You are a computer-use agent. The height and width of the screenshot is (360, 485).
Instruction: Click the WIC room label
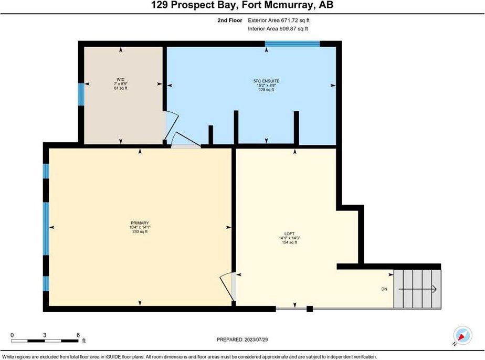click(121, 79)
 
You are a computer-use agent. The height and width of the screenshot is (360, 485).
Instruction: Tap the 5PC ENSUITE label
click(266, 81)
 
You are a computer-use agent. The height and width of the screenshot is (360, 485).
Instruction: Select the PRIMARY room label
click(140, 223)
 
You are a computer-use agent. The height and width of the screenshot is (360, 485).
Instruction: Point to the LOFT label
click(290, 234)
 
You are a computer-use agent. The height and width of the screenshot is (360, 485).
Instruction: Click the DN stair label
click(384, 289)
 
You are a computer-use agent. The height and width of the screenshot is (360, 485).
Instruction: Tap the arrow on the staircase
click(417, 289)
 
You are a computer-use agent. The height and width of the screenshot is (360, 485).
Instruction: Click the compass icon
click(462, 336)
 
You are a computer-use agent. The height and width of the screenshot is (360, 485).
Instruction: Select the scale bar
click(45, 341)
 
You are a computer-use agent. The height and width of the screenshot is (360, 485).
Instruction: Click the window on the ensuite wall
click(292, 44)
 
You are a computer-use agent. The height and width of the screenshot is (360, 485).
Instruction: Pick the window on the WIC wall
click(81, 94)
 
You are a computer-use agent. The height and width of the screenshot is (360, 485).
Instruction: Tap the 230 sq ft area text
click(140, 231)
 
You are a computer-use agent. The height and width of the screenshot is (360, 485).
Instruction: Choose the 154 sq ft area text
click(290, 242)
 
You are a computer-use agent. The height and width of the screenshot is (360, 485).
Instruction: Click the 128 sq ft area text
click(266, 90)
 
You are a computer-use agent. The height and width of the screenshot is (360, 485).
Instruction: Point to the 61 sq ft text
click(121, 88)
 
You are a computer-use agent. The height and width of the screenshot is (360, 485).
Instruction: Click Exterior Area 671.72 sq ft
click(279, 20)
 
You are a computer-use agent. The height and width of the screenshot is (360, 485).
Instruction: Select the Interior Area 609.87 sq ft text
click(278, 29)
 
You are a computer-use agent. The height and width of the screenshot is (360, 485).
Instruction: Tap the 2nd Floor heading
click(230, 20)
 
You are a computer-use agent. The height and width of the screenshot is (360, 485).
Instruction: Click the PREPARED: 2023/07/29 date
click(242, 340)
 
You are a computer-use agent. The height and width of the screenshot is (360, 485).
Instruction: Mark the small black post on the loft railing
click(310, 309)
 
